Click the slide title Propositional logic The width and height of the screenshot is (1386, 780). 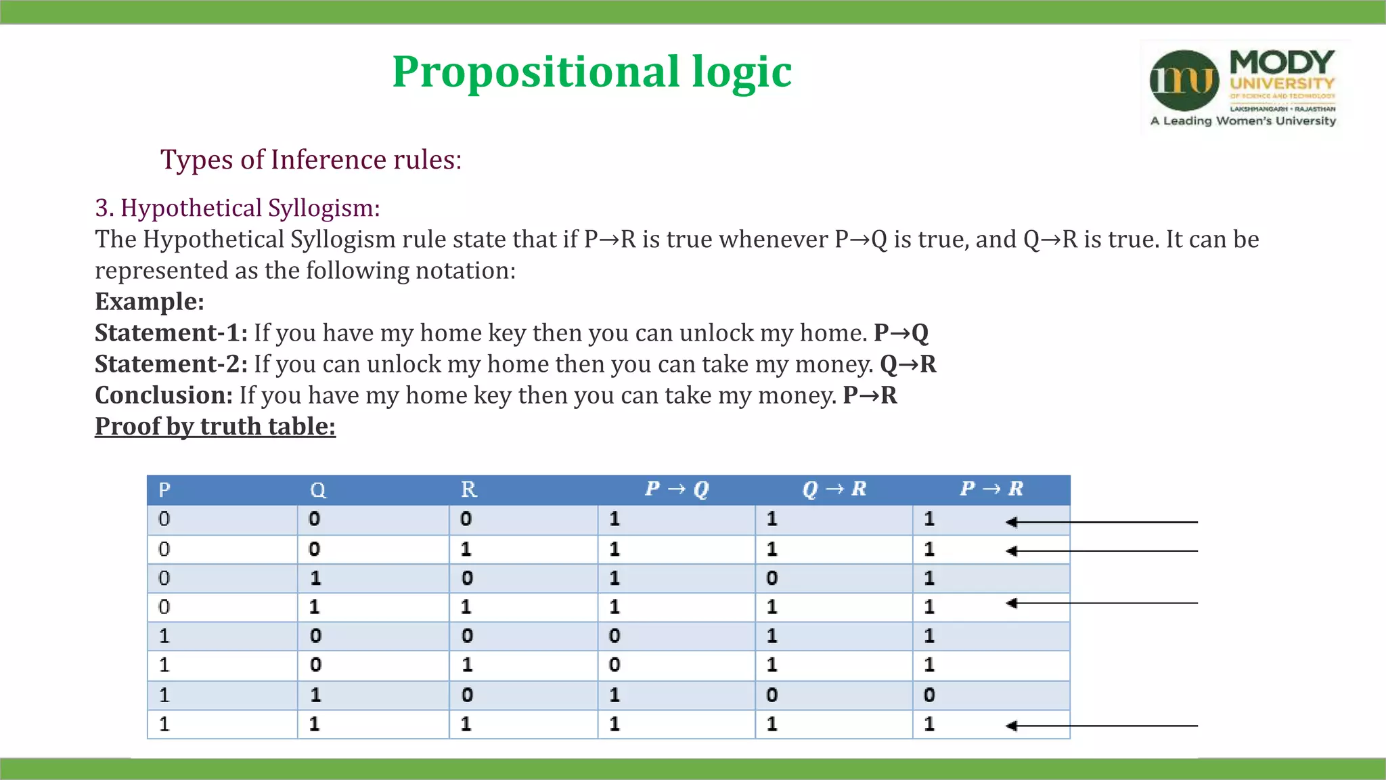click(x=591, y=72)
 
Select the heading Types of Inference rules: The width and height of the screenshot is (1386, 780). click(x=311, y=160)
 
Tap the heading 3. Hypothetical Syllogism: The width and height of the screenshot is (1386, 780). click(x=237, y=208)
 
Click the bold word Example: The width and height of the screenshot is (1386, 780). click(x=149, y=301)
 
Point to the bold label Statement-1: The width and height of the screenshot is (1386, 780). click(x=171, y=332)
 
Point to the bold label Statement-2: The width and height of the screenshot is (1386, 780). click(x=171, y=364)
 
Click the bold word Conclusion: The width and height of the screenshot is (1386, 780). click(x=164, y=395)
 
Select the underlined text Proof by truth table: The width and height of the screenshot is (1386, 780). click(x=215, y=426)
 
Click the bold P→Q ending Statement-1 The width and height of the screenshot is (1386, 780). click(x=901, y=332)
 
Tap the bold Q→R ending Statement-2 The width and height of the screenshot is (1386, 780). click(x=908, y=364)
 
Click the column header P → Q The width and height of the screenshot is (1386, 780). click(x=676, y=489)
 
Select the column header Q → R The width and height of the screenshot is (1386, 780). click(x=834, y=489)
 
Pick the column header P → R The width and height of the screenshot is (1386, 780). click(x=991, y=489)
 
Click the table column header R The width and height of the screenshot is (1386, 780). click(x=468, y=490)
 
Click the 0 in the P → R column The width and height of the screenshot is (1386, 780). click(x=929, y=695)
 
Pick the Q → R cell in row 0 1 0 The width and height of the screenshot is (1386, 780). click(x=772, y=578)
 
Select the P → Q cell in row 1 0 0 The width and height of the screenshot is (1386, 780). click(x=614, y=636)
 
